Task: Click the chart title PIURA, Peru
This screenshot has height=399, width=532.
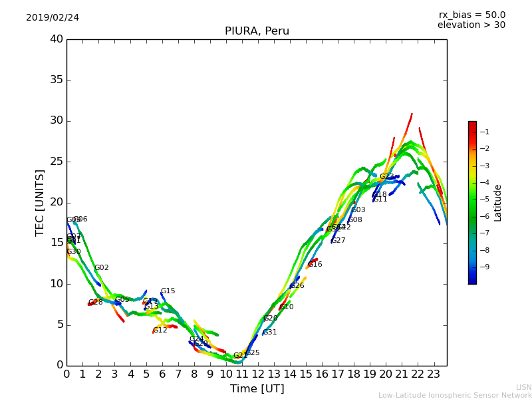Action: click(x=257, y=31)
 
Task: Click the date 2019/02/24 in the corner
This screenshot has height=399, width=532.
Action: click(x=53, y=18)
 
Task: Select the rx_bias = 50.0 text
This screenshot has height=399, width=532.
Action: click(x=471, y=15)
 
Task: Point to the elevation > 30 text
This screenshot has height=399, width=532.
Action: click(x=471, y=25)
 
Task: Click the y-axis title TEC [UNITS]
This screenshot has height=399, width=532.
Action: click(x=40, y=202)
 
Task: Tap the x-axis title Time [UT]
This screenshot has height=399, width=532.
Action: click(x=257, y=389)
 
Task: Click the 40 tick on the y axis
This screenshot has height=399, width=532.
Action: click(x=57, y=39)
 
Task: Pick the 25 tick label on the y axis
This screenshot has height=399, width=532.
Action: click(x=57, y=162)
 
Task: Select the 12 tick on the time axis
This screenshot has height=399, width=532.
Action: click(x=257, y=374)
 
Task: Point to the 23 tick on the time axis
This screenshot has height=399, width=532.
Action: click(x=434, y=374)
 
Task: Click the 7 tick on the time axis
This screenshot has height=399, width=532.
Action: click(x=178, y=374)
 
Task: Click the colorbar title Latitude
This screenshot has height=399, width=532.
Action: click(x=497, y=202)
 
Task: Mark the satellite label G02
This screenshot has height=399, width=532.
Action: click(x=102, y=268)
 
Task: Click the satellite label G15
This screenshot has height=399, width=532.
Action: click(x=168, y=291)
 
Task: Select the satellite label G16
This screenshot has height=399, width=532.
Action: click(x=315, y=265)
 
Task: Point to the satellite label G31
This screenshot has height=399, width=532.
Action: click(x=270, y=332)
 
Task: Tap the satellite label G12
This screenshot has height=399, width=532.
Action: click(x=160, y=331)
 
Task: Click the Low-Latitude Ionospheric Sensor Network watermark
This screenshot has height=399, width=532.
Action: click(x=455, y=396)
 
